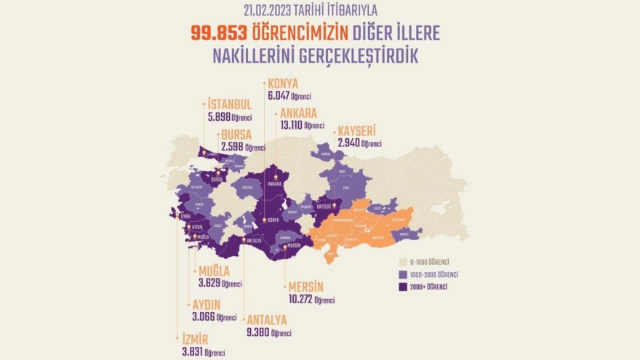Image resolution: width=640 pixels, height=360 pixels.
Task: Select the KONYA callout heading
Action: [283, 84]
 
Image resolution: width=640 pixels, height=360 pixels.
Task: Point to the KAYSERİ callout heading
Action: [356, 131]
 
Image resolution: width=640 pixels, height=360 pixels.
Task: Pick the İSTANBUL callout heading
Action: [229, 104]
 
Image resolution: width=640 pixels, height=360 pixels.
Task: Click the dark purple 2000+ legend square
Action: [403, 287]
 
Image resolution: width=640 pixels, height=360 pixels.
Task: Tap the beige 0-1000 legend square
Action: [403, 262]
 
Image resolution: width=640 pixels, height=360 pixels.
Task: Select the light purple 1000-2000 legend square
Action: [403, 274]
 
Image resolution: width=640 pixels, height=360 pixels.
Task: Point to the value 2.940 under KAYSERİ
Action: [348, 143]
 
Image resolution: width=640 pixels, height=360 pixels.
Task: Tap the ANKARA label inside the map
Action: [274, 184]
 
